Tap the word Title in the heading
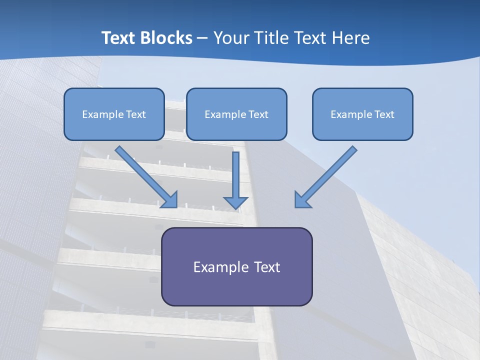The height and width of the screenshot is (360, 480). coord(271,38)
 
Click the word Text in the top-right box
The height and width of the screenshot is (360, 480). coord(384,114)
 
